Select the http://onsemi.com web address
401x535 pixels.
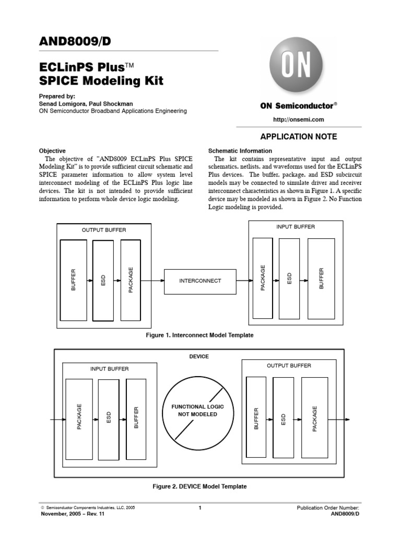(x=299, y=119)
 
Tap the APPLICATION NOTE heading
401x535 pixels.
(x=299, y=137)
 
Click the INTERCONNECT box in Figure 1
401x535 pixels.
(x=200, y=281)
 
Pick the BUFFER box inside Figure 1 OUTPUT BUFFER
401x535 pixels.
(x=74, y=280)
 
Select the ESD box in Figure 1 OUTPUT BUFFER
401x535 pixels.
(x=103, y=280)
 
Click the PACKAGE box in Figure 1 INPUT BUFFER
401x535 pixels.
(x=263, y=278)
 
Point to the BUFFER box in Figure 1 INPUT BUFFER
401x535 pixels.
(x=322, y=278)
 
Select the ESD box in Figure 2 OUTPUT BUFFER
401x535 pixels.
(x=284, y=419)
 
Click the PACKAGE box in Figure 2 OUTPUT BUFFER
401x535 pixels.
(x=315, y=419)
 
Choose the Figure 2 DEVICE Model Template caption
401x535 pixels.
(x=199, y=486)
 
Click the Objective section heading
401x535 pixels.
(x=53, y=150)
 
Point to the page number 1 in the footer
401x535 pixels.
(x=200, y=508)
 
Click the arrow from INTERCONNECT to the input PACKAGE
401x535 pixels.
(x=244, y=281)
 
